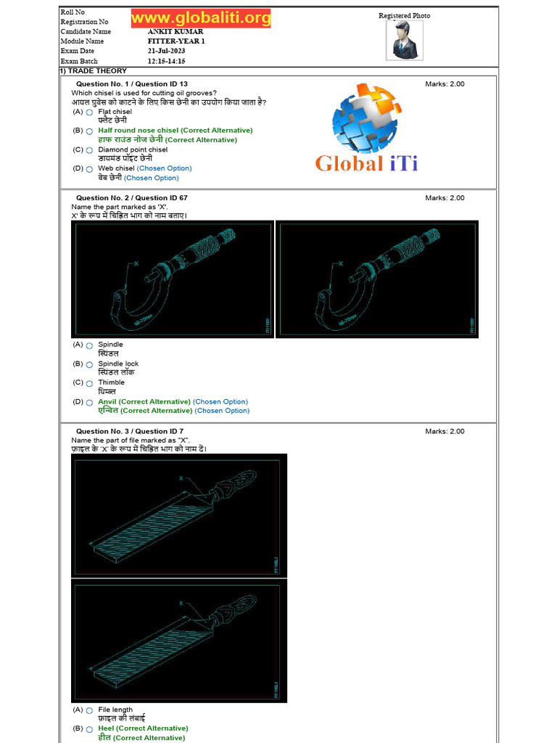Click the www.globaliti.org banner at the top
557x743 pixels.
pos(201,18)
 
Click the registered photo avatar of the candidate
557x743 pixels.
pos(403,40)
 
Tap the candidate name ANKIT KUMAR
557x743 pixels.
pos(176,32)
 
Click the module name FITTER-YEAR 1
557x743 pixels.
pos(176,41)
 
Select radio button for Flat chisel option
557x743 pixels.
pos(89,112)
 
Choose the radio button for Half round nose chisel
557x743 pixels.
pos(89,131)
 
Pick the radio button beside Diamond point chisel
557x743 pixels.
pos(89,150)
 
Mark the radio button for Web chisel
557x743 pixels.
pos(89,169)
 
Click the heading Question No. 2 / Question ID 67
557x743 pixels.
pos(131,198)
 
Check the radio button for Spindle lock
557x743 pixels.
pos(89,364)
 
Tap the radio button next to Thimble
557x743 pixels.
pos(89,383)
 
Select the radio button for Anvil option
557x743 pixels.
pos(89,402)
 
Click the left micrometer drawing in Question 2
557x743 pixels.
pos(173,279)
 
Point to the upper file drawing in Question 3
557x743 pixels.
pos(179,515)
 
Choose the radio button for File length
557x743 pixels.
pos(89,710)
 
